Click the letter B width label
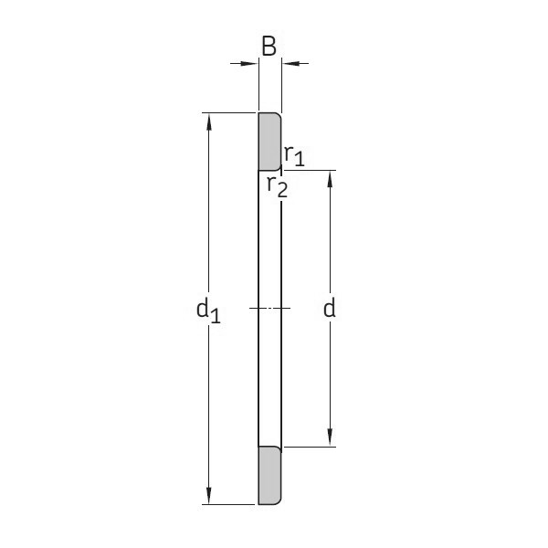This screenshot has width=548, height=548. coord(269,45)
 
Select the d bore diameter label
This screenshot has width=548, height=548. coord(330,309)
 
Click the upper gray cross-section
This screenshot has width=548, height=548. coord(269,142)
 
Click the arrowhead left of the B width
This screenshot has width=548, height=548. coord(250,63)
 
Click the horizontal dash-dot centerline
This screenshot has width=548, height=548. coord(269,308)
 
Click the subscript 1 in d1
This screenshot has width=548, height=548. coord(216,315)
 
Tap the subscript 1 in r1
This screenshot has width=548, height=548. coord(299,160)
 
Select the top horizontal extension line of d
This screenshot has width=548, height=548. coord(311,170)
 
